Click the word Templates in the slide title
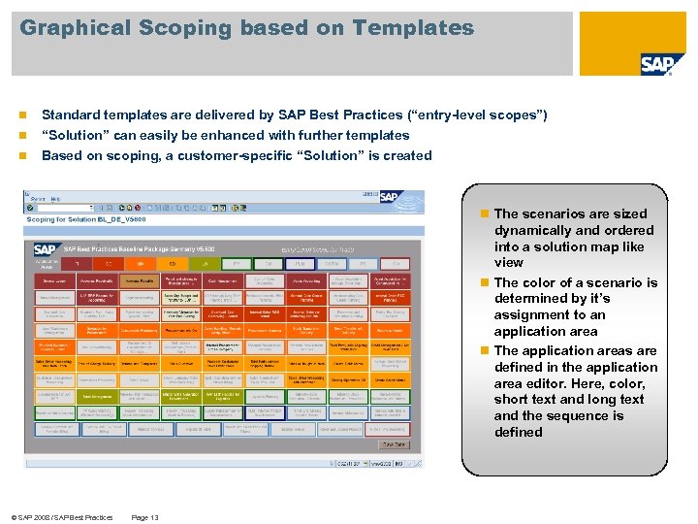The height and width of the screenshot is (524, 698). pyautogui.click(x=416, y=28)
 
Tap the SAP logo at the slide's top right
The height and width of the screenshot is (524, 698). pyautogui.click(x=662, y=64)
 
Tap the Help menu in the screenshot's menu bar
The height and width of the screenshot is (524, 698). pyautogui.click(x=55, y=199)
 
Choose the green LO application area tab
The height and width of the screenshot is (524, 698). pyautogui.click(x=205, y=263)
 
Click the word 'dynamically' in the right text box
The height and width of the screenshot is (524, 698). pyautogui.click(x=532, y=230)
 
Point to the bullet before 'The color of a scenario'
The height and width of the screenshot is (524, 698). pyautogui.click(x=487, y=283)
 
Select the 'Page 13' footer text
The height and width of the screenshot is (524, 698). pyautogui.click(x=144, y=517)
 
